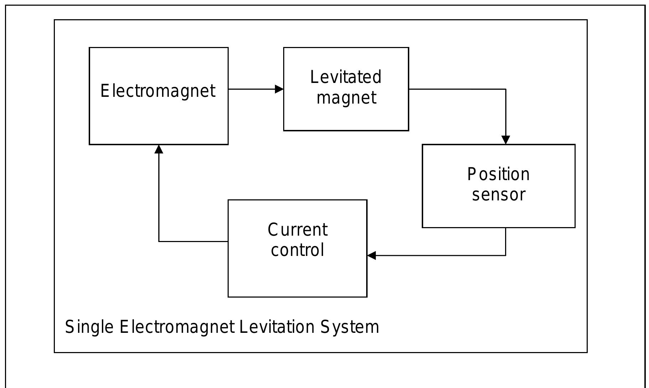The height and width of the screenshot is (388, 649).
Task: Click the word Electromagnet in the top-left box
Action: (x=158, y=91)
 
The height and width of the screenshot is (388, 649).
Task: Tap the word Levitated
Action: (x=346, y=77)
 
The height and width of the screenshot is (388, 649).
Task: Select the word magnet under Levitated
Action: (x=346, y=98)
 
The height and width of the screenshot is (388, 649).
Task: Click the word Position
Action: (x=498, y=174)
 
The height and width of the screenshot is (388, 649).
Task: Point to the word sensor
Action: (x=498, y=195)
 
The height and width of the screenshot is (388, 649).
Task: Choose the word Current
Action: (x=297, y=230)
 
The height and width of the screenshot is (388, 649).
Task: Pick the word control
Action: (x=297, y=250)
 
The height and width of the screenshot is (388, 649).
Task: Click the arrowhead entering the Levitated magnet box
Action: (x=279, y=89)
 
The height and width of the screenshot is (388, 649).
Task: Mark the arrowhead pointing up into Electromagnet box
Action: (x=159, y=149)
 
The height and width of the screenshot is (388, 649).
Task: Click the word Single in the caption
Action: (x=89, y=327)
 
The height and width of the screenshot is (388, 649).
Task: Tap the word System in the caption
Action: (x=350, y=327)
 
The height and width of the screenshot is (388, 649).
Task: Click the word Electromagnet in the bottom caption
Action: (x=177, y=327)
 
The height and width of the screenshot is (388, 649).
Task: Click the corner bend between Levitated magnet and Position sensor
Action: (x=505, y=89)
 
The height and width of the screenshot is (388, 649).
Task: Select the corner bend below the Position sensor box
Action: (x=505, y=255)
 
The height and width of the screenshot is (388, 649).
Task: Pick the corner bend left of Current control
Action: (x=159, y=241)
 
